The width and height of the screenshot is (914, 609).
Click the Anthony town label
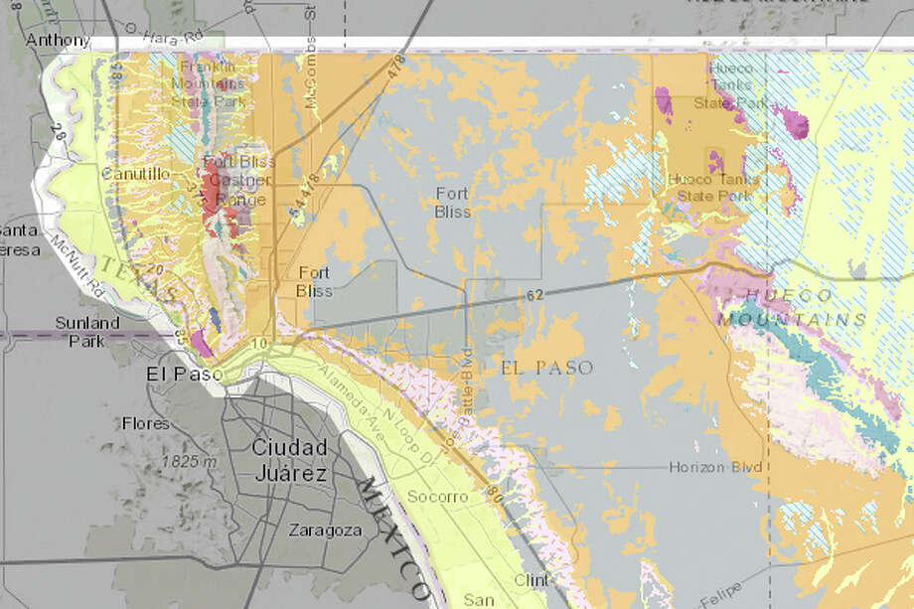pyautogui.click(x=51, y=41)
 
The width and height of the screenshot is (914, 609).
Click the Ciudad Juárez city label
pyautogui.click(x=288, y=460)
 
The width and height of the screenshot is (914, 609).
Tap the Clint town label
pyautogui.click(x=532, y=580)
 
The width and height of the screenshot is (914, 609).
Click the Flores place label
pyautogui.click(x=146, y=422)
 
